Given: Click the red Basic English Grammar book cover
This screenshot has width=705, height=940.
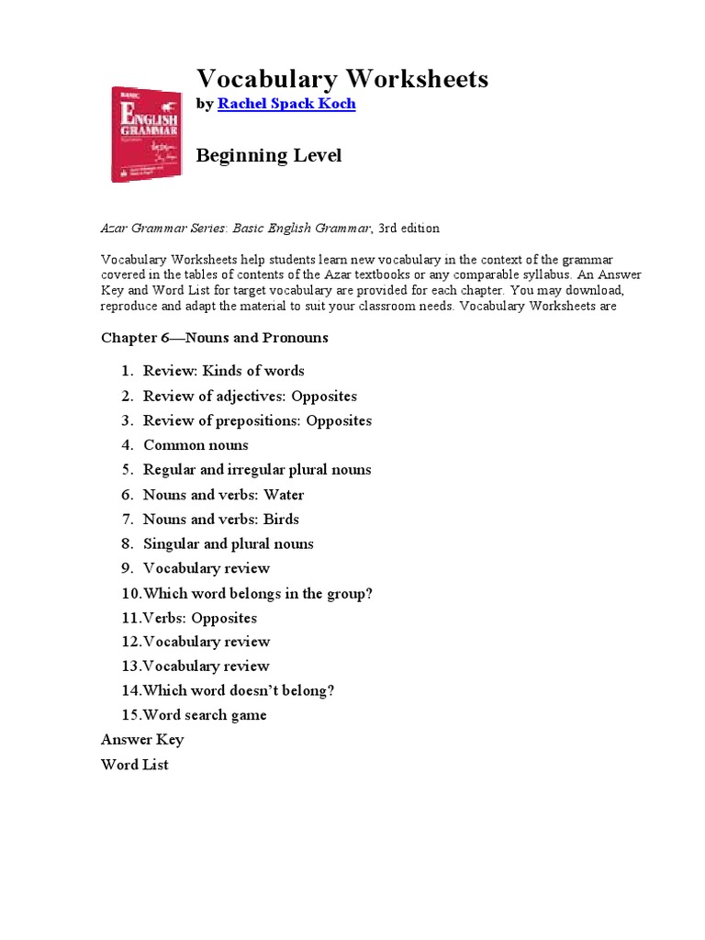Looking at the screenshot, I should tap(146, 133).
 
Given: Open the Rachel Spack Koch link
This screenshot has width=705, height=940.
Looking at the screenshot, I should tap(285, 104).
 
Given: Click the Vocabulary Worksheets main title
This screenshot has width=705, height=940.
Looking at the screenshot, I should tap(342, 79).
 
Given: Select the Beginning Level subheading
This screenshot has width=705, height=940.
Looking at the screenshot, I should tap(269, 155).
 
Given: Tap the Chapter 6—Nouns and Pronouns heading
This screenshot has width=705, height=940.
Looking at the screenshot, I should tap(214, 338).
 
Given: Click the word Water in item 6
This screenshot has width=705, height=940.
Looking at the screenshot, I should tap(284, 495).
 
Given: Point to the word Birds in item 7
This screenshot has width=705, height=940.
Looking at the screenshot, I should tap(281, 520).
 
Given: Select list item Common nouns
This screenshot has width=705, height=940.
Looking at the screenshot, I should tap(196, 445).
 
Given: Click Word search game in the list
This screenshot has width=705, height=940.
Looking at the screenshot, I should tap(205, 715).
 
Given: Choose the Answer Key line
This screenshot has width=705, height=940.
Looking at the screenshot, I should tap(142, 740).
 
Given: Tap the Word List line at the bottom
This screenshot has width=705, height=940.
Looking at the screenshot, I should tap(135, 765).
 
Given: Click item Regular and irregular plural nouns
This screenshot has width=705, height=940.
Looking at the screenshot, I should tap(257, 470).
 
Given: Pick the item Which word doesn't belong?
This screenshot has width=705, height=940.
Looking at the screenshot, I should tap(239, 690).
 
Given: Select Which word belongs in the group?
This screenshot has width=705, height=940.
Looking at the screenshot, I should tap(258, 594).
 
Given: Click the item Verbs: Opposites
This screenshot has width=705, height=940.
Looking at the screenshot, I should tap(200, 618).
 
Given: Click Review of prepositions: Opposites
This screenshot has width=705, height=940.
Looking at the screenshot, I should tap(257, 421).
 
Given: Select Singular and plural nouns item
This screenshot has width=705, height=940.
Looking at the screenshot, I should tap(228, 544).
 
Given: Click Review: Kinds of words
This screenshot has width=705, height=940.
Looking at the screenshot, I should tap(223, 371).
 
